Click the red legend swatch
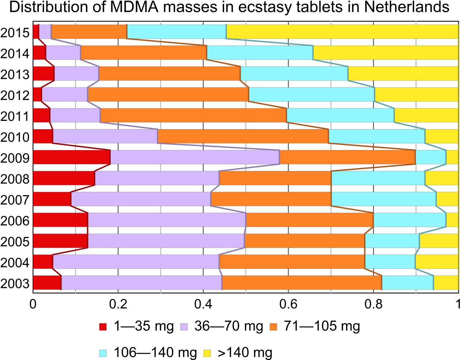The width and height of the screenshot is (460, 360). [x=103, y=327]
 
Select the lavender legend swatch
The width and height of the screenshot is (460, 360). [x=184, y=327]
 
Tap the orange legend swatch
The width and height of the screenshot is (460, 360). [x=273, y=327]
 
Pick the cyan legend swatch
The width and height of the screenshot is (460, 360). [x=103, y=353]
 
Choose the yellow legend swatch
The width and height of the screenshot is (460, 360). [x=207, y=353]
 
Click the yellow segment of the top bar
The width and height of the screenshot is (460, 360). [x=342, y=31]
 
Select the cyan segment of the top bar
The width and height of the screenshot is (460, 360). [x=177, y=31]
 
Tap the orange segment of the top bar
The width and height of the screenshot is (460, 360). [x=89, y=31]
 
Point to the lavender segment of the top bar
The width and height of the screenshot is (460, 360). [x=45, y=31]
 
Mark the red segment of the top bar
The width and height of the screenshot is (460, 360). [x=36, y=31]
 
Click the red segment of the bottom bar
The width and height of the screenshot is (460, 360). [x=47, y=282]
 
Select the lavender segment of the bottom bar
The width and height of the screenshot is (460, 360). [x=141, y=282]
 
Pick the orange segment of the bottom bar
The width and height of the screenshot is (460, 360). [x=302, y=282]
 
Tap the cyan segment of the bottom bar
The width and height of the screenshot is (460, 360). [x=408, y=282]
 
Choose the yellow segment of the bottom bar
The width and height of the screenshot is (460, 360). [x=446, y=282]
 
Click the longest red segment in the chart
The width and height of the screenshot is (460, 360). [x=71, y=157]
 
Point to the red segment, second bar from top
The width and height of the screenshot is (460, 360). [x=39, y=52]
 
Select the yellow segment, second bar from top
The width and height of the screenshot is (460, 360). [x=386, y=52]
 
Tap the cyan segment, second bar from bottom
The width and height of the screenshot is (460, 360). [x=390, y=261]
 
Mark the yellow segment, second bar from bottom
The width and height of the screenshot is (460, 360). [x=437, y=261]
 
